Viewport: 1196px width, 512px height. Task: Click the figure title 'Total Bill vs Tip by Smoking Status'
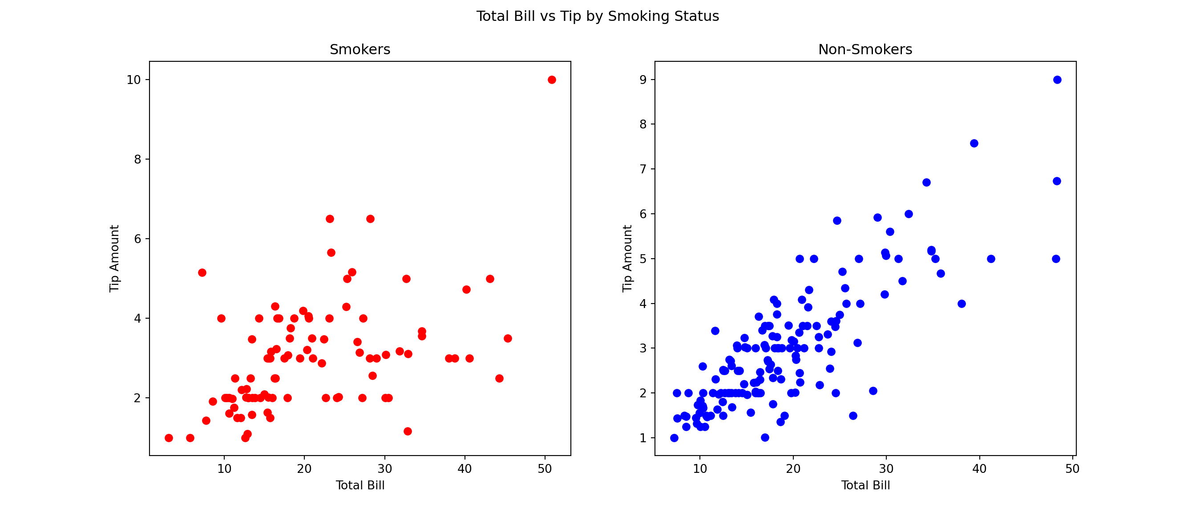(x=598, y=16)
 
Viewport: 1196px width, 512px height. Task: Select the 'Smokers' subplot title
(x=360, y=50)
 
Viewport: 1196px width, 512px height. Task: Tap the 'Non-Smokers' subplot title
(x=865, y=50)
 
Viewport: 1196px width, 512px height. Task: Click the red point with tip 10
(x=552, y=80)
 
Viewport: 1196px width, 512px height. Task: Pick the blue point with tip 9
(x=1057, y=80)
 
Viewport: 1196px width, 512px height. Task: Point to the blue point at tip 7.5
(x=974, y=143)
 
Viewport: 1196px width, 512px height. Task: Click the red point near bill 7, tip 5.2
(x=202, y=273)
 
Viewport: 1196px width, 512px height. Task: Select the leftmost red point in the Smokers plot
(x=169, y=438)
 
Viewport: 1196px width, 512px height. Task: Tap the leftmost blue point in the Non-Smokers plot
(x=674, y=438)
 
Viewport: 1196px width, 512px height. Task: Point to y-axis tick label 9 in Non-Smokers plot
(x=643, y=80)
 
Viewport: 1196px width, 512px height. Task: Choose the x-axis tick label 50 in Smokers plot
(x=545, y=469)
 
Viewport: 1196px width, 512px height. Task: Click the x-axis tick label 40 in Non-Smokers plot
(x=979, y=469)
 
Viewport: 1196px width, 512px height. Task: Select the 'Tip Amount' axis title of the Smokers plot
(x=114, y=258)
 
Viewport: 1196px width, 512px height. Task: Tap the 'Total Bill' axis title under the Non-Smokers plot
(x=865, y=486)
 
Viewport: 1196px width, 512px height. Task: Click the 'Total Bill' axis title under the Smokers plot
(x=360, y=486)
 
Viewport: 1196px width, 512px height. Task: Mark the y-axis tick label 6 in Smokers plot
(x=137, y=239)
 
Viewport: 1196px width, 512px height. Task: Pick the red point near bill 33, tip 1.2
(x=408, y=431)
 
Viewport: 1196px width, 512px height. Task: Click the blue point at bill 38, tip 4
(x=962, y=304)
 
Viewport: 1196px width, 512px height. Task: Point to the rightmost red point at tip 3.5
(x=508, y=339)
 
